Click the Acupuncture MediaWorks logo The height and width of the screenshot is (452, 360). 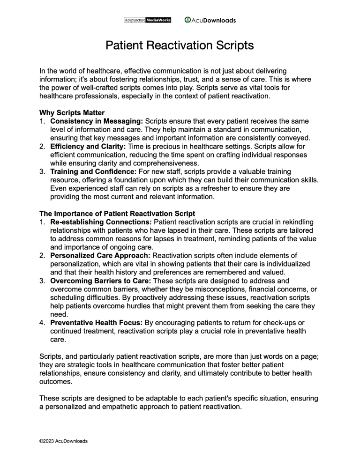click(x=148, y=20)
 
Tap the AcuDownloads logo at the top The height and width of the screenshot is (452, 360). click(x=210, y=20)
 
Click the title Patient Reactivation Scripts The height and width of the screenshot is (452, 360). click(x=180, y=45)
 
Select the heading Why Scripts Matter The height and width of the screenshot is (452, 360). click(x=72, y=112)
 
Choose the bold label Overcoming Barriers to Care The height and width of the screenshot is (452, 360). click(x=97, y=281)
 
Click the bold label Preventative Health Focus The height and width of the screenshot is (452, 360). click(x=97, y=323)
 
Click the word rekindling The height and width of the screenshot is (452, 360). click(x=295, y=222)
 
